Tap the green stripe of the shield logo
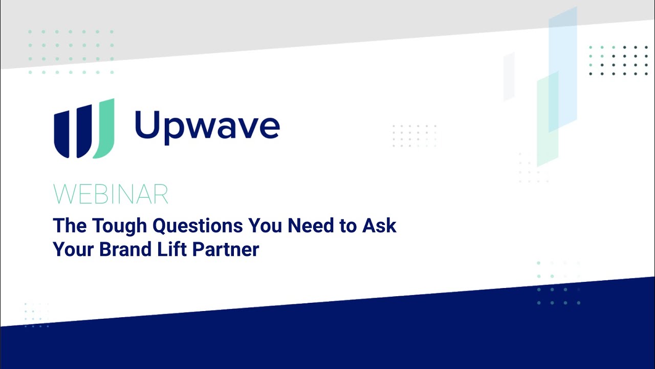105,129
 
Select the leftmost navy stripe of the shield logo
62,134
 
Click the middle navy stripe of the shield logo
84,132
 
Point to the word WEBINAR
111,194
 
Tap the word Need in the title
311,225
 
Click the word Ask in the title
379,225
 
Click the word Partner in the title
226,250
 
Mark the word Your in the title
73,249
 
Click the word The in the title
70,225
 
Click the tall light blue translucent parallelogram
563,69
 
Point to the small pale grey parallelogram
509,76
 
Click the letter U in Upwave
147,124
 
